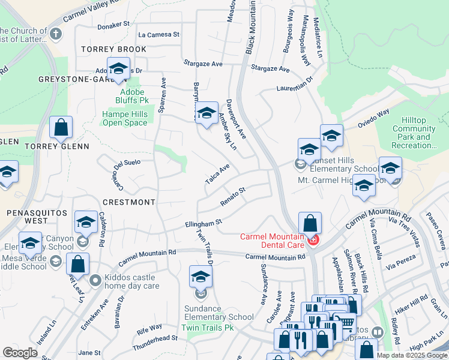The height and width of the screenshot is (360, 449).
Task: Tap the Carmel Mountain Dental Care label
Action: [x=271, y=241]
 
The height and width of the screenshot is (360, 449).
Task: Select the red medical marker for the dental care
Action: [x=312, y=241]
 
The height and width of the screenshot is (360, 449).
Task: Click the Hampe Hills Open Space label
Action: [x=124, y=119]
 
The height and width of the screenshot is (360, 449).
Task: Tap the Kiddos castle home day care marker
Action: [x=95, y=280]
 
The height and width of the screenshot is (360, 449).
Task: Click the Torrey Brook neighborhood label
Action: [x=115, y=49]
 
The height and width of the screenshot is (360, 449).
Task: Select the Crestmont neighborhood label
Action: [x=129, y=202]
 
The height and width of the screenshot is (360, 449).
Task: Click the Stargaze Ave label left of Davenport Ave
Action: [x=203, y=63]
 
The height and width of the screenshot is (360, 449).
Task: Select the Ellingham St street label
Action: [x=202, y=223]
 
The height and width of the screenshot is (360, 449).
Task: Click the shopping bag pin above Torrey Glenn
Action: [x=61, y=128]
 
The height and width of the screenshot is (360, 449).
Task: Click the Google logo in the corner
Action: [x=20, y=353]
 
